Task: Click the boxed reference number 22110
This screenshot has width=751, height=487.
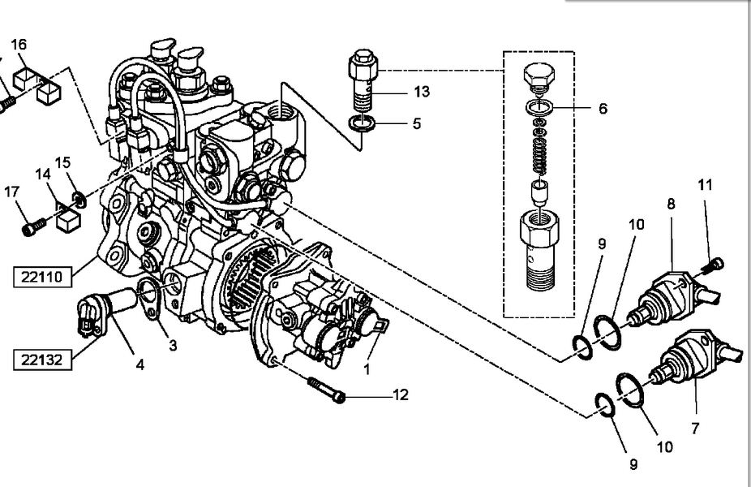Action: [42, 277]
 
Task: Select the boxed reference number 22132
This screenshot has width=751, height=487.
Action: [42, 360]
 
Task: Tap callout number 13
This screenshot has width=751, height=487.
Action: [422, 92]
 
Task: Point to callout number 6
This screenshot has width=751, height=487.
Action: [603, 108]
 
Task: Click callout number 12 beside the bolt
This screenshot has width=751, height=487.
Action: [401, 395]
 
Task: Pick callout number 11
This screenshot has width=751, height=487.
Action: [705, 184]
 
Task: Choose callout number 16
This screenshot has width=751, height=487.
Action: [19, 45]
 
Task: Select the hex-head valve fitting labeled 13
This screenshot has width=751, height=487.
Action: [363, 79]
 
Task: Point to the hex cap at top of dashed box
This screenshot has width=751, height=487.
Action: [539, 75]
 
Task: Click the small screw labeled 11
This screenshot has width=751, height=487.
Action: [712, 266]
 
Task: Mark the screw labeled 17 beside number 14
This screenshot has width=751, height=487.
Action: [34, 226]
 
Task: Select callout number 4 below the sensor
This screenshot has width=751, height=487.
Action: [139, 364]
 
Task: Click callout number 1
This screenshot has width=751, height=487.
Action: [367, 369]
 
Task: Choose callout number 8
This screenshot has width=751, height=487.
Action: [671, 204]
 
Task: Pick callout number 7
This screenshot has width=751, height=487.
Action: [695, 428]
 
